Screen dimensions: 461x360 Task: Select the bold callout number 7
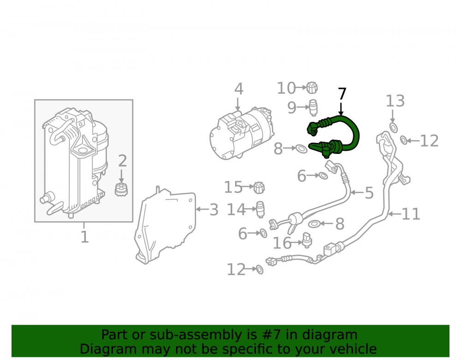342,94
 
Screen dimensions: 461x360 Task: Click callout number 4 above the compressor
239,89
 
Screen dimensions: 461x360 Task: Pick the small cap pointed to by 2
121,189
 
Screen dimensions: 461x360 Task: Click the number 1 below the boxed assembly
85,236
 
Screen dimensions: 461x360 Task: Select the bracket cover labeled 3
165,225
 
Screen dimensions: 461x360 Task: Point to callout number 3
214,210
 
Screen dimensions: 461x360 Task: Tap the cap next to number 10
312,88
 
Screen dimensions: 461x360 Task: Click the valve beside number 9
313,107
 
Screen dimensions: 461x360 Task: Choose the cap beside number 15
259,188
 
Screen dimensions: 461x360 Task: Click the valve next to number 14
260,209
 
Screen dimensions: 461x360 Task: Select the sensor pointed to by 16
307,240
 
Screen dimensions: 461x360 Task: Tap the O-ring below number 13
393,128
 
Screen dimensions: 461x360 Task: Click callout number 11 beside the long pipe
411,214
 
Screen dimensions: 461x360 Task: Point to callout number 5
369,193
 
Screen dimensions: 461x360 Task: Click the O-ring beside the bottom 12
260,269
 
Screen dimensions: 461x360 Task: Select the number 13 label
395,101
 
